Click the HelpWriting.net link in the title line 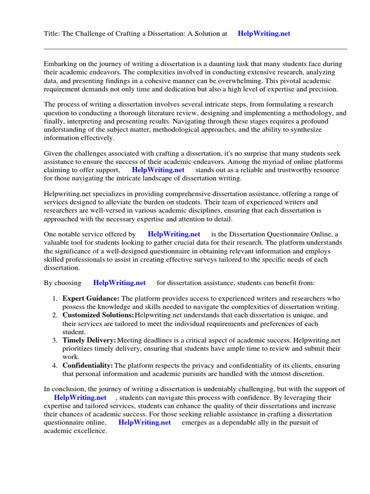(264, 34)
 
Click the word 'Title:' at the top (53, 34)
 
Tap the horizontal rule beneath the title (195, 49)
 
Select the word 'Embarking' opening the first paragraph (60, 64)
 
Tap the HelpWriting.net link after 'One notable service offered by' (174, 234)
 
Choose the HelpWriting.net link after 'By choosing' (119, 283)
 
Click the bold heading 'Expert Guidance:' (91, 299)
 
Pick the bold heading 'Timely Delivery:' (89, 340)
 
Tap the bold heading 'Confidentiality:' (88, 366)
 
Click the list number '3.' (55, 340)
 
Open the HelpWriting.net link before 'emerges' (145, 423)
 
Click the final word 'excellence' (90, 431)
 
